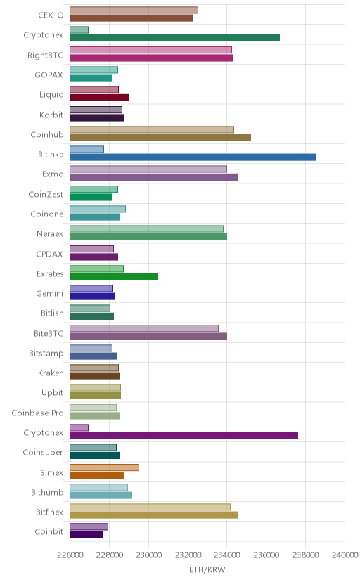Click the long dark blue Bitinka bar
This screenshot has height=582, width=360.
coord(193,157)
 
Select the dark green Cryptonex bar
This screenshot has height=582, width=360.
coord(175,38)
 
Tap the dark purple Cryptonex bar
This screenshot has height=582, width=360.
coord(184,435)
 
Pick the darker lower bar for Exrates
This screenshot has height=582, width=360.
coord(114,276)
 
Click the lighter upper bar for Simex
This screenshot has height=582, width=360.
coord(104,467)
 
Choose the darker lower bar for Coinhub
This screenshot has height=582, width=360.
coord(160,137)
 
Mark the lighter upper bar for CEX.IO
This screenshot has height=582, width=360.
coord(134,10)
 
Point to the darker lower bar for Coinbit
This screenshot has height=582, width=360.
coord(86,534)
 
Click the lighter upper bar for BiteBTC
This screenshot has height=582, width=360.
coord(144,328)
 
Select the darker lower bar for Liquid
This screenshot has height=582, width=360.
coord(99,98)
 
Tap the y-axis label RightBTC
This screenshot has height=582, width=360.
coord(45,56)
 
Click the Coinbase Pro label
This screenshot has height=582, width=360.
coord(37,413)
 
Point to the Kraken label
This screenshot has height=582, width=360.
coord(51,373)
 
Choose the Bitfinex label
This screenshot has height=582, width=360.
coord(49,512)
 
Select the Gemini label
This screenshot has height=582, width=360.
coord(50,293)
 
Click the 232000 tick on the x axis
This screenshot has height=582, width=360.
coord(188,555)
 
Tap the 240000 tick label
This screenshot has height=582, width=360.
coord(345,555)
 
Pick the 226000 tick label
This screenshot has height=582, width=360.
coord(70,555)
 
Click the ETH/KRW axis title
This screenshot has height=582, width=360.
coord(207,570)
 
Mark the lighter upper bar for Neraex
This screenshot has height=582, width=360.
coord(146,228)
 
